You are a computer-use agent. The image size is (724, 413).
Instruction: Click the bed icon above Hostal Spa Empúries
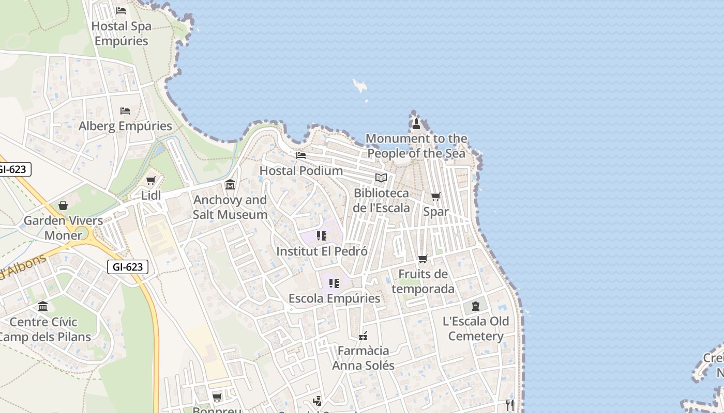(x=121, y=10)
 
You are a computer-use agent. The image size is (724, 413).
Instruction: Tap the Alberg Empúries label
(x=125, y=126)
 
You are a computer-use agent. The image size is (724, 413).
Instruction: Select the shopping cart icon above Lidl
(x=151, y=181)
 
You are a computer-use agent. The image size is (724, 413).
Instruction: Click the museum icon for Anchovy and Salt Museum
(x=230, y=184)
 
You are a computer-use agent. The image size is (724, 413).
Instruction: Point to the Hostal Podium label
(x=301, y=170)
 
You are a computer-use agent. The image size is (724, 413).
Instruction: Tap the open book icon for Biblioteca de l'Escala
(x=381, y=178)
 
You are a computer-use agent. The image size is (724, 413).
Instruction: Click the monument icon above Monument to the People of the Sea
(x=416, y=124)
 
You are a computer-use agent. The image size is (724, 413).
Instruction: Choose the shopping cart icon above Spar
(x=436, y=197)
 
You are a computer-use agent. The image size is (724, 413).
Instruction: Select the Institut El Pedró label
(x=322, y=251)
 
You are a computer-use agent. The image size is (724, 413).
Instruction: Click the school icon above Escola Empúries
(x=334, y=283)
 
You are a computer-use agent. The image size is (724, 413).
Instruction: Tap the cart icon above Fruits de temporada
(x=423, y=259)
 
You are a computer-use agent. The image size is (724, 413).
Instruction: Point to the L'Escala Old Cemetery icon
(x=476, y=306)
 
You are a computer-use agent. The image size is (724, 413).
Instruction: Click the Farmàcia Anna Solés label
(x=363, y=358)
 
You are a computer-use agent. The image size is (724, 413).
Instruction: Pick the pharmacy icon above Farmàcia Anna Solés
(x=363, y=336)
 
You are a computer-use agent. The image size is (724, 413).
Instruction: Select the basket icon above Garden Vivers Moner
(x=63, y=205)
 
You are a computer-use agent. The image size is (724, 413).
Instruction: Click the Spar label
(x=436, y=212)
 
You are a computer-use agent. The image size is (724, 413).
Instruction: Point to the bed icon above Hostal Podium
(x=301, y=155)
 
